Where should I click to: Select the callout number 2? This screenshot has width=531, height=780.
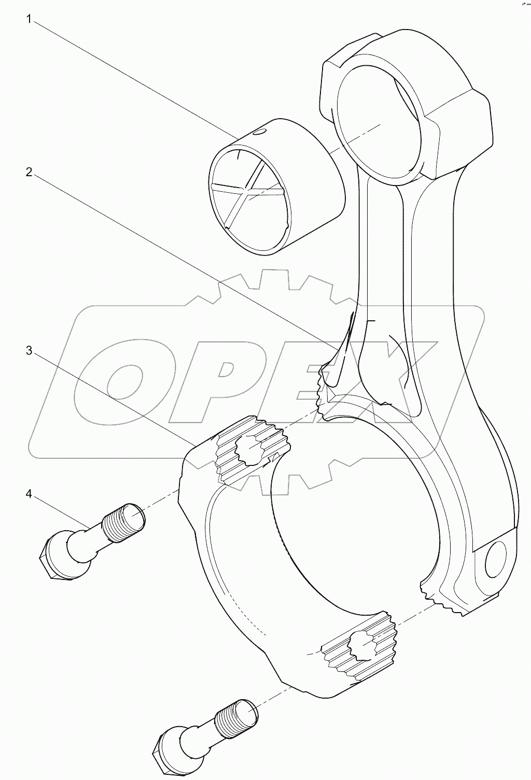click(x=30, y=172)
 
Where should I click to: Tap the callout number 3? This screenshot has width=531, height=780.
click(x=30, y=351)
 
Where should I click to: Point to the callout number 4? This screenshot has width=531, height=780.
click(x=30, y=494)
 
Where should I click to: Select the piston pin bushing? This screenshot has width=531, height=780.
click(x=277, y=192)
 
